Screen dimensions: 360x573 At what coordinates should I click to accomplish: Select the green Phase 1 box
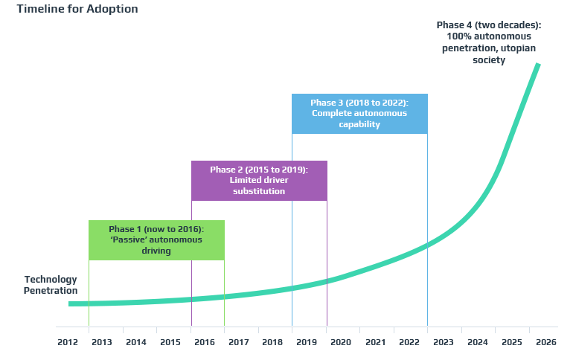[156, 240]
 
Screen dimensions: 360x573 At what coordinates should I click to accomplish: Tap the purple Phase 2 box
[259, 180]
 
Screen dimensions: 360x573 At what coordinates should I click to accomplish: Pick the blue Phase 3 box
[359, 113]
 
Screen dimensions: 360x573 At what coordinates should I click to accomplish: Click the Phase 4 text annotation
[488, 42]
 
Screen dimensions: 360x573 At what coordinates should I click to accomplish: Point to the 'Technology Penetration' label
[51, 285]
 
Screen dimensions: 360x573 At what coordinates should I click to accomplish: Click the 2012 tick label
[68, 342]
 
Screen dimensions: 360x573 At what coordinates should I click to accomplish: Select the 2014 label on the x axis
[135, 342]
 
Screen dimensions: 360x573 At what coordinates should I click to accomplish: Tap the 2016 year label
[204, 342]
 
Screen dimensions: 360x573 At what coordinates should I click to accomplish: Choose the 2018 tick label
[272, 342]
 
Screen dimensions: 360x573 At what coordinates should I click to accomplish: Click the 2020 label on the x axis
[340, 342]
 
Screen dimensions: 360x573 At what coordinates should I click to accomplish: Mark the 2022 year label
[409, 342]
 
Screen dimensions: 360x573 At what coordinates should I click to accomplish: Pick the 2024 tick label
[477, 342]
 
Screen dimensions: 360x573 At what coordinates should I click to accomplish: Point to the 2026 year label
[545, 342]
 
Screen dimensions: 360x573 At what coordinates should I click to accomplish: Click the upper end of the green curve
[538, 65]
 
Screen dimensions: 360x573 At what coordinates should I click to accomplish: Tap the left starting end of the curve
[70, 303]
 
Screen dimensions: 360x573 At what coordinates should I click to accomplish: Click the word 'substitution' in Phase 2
[259, 191]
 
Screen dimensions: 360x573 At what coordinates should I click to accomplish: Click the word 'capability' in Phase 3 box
[359, 124]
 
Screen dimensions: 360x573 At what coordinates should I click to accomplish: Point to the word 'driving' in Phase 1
[156, 251]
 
